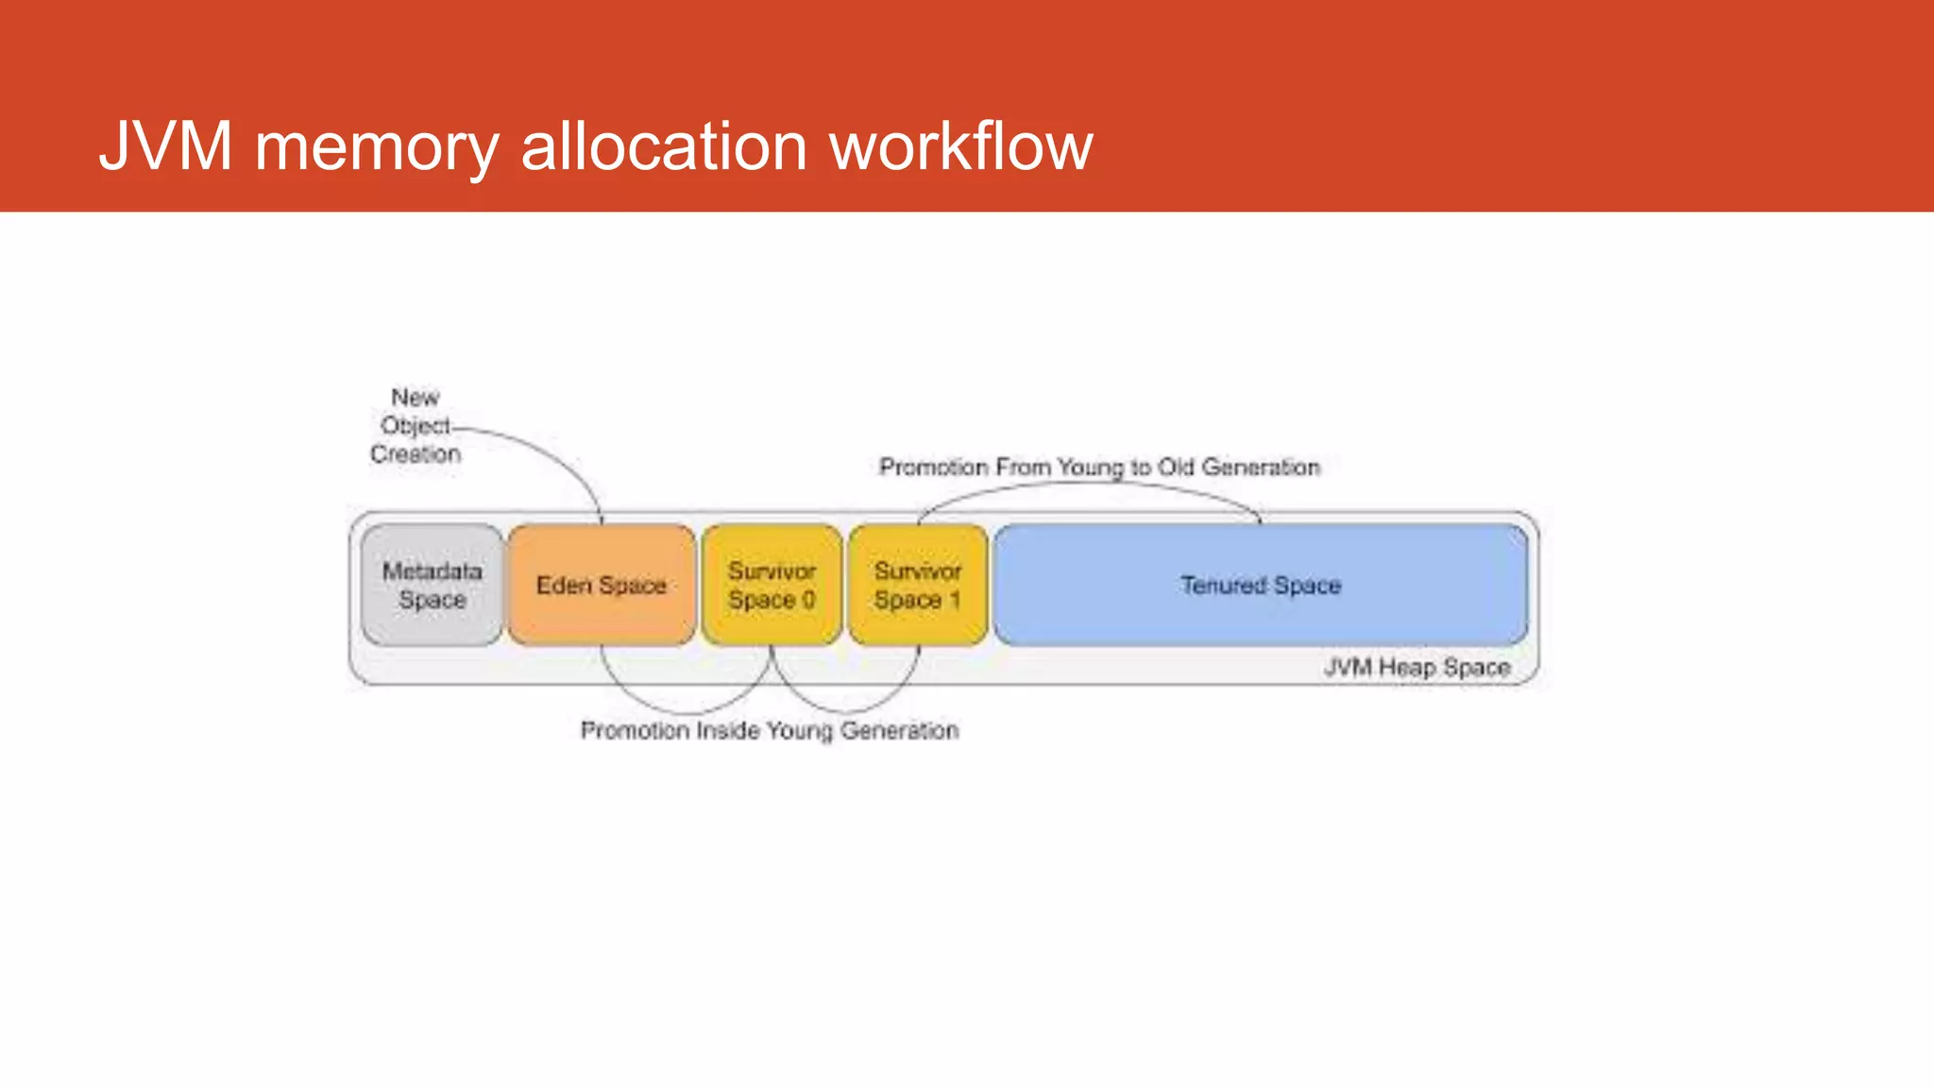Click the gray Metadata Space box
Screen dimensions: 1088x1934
(432, 586)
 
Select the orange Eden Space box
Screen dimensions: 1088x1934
(602, 586)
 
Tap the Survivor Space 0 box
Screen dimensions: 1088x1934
(772, 586)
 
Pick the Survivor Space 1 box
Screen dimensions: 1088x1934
(918, 586)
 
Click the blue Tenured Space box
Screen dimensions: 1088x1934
(1261, 586)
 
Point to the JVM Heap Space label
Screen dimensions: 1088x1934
(1417, 668)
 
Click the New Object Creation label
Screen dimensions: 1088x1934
(416, 426)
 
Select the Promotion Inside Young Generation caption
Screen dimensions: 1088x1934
(770, 731)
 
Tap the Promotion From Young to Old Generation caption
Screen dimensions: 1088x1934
(1099, 467)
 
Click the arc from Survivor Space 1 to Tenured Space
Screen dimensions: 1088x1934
(1086, 484)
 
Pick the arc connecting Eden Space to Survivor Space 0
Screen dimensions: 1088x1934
(687, 712)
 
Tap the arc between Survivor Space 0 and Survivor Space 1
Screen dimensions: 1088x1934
(845, 710)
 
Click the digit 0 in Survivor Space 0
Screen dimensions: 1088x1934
(808, 601)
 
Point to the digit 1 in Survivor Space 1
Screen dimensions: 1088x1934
(955, 601)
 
